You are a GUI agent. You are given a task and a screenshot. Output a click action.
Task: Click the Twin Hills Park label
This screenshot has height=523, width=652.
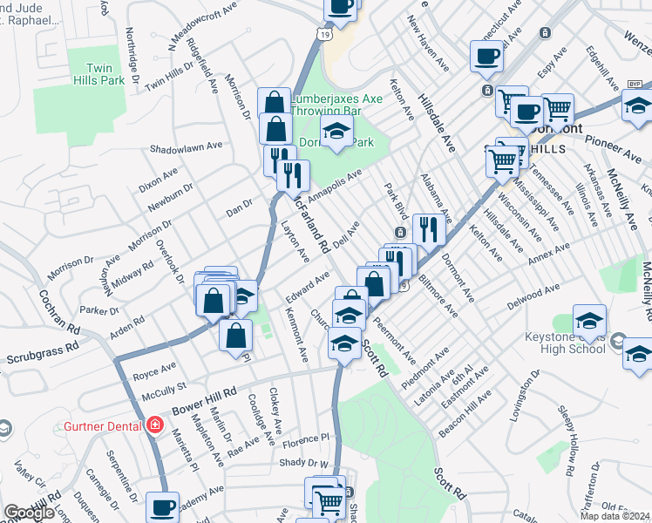pos(107,75)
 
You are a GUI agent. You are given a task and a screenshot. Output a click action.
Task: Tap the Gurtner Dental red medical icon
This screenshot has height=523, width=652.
pos(154,426)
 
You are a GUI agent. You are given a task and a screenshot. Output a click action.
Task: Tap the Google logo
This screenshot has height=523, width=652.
pos(29,513)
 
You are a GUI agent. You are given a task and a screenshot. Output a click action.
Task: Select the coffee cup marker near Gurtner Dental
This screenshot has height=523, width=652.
pos(162,506)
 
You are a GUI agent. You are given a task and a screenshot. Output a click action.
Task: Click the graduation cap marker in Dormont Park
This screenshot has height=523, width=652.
pos(336,133)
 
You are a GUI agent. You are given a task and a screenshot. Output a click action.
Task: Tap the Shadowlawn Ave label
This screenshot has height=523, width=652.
pos(186,146)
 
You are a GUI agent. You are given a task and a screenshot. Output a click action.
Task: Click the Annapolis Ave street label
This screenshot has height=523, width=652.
pos(335,183)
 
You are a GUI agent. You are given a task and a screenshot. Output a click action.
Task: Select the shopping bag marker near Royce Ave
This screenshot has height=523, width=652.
pos(235,335)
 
